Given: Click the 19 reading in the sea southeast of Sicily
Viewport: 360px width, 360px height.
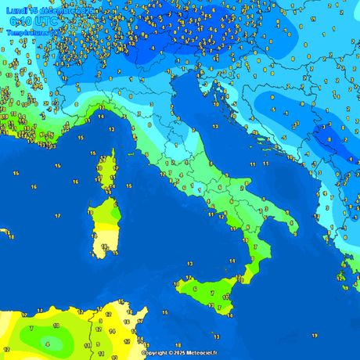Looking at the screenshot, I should (x=313, y=334).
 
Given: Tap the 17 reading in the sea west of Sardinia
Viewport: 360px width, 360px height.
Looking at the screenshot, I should (x=58, y=216).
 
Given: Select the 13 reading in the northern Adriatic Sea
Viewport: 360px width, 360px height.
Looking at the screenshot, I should (x=213, y=126).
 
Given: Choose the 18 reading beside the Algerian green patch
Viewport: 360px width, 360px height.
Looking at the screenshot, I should (x=56, y=324).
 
